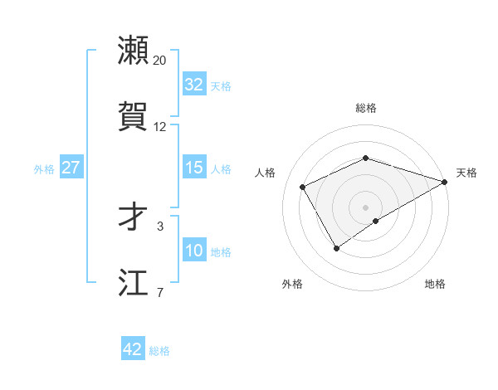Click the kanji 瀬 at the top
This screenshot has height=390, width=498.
[134, 51]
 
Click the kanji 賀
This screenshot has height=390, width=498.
[134, 116]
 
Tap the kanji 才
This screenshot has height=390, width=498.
[134, 216]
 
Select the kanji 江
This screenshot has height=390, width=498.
[134, 282]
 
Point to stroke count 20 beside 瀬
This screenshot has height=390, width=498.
[160, 61]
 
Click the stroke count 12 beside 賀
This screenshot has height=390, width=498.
[160, 127]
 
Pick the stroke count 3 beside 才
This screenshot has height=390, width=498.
[160, 226]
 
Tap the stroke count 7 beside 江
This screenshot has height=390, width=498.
[160, 292]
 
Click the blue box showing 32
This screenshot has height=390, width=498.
[193, 85]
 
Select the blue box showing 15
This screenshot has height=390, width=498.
[193, 168]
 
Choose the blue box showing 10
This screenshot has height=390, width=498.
[193, 251]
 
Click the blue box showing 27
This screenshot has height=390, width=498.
[71, 168]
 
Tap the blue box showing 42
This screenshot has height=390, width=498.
[132, 349]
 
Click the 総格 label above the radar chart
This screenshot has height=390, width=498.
[366, 108]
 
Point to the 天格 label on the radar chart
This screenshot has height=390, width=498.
[466, 173]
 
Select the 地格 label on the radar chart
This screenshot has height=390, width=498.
[435, 285]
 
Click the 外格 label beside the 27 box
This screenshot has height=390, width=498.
[44, 168]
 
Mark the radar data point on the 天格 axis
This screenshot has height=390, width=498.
[446, 180]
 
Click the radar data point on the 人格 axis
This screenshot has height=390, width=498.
[303, 187]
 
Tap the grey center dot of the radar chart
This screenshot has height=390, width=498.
[366, 207]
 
